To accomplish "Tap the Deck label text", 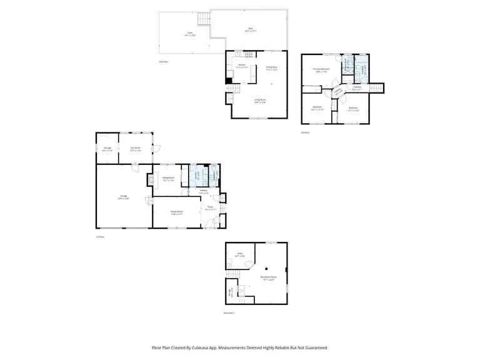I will (251, 29).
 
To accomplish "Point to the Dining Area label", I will (271, 67).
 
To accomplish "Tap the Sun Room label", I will (136, 148).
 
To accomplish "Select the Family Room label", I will (177, 212).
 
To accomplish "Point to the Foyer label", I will (210, 208).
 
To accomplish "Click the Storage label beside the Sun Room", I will (107, 148).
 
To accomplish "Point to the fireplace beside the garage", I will (149, 179).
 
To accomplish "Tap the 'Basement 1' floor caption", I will (229, 313).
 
